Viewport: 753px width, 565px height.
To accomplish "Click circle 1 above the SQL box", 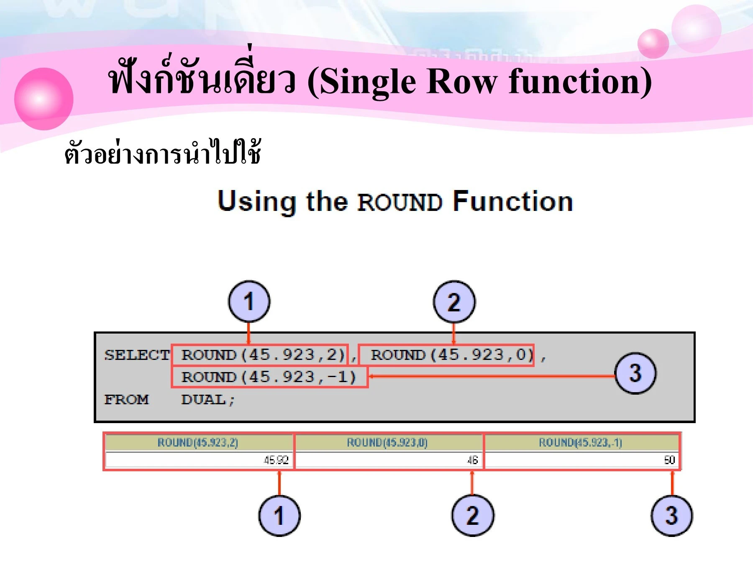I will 249,301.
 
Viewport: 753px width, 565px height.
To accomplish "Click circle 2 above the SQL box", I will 454,302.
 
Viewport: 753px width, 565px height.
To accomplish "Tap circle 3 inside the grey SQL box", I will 635,373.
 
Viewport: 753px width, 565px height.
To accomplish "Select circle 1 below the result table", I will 279,515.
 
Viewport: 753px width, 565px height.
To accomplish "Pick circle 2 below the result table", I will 472,515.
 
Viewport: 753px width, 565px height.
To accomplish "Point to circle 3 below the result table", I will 671,515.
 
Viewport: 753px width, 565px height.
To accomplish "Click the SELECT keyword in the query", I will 137,355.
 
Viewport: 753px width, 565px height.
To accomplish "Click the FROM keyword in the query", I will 126,399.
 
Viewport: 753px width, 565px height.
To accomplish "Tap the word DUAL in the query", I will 204,399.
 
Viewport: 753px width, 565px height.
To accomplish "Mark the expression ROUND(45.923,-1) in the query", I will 269,377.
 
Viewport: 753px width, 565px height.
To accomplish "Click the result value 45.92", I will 276,460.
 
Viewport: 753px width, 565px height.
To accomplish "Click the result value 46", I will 472,460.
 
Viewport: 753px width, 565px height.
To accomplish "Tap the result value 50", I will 669,460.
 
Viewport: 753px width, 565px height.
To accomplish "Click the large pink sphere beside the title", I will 44,99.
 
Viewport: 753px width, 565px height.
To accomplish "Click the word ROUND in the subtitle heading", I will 400,203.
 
